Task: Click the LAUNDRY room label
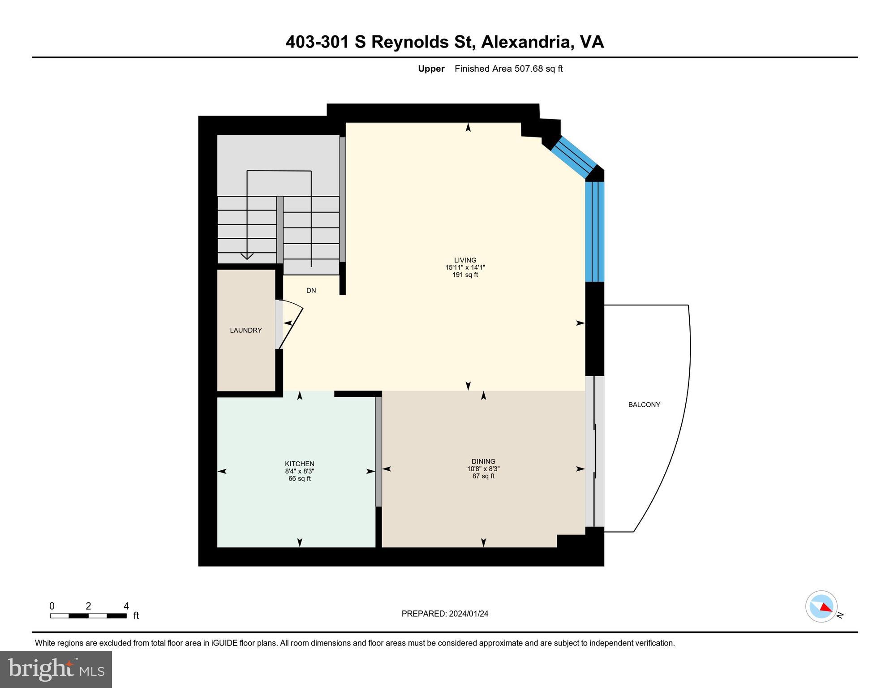[245, 330]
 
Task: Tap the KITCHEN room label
[299, 464]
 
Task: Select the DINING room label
[483, 461]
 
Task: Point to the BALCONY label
[644, 404]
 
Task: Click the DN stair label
[311, 290]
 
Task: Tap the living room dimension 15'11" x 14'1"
[464, 267]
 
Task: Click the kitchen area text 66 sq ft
[299, 478]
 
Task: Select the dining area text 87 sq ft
[483, 476]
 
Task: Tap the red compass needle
[826, 607]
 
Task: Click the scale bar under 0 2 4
[88, 616]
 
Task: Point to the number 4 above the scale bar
[126, 606]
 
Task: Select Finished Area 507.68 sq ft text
[508, 69]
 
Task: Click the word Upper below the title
[431, 69]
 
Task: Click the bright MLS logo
[56, 669]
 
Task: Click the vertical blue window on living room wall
[595, 231]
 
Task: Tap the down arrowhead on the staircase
[247, 256]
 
